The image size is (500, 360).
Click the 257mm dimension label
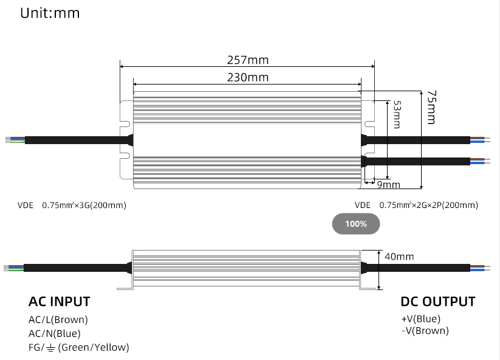pos(247,60)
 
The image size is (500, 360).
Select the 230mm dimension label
pos(247,77)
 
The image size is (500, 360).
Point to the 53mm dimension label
pos(396,114)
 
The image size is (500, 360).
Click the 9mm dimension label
pos(389,184)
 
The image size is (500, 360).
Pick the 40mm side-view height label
pos(399,257)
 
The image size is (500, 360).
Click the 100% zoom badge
pos(356,224)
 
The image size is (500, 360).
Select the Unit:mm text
pos(50,13)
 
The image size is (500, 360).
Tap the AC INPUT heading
pos(60,302)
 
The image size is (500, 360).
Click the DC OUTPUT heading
pos(437,302)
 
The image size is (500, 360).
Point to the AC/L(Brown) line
pos(58,319)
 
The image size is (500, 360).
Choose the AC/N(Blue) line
pos(55,333)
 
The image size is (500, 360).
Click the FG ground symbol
pos(50,348)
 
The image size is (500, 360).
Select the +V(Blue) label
pos(420,319)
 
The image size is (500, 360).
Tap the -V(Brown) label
pos(425,331)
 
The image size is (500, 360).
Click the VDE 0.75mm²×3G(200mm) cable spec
pos(72,206)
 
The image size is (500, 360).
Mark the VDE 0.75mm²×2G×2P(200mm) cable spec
pos(416,206)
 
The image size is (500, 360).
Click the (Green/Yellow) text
pos(94,348)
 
